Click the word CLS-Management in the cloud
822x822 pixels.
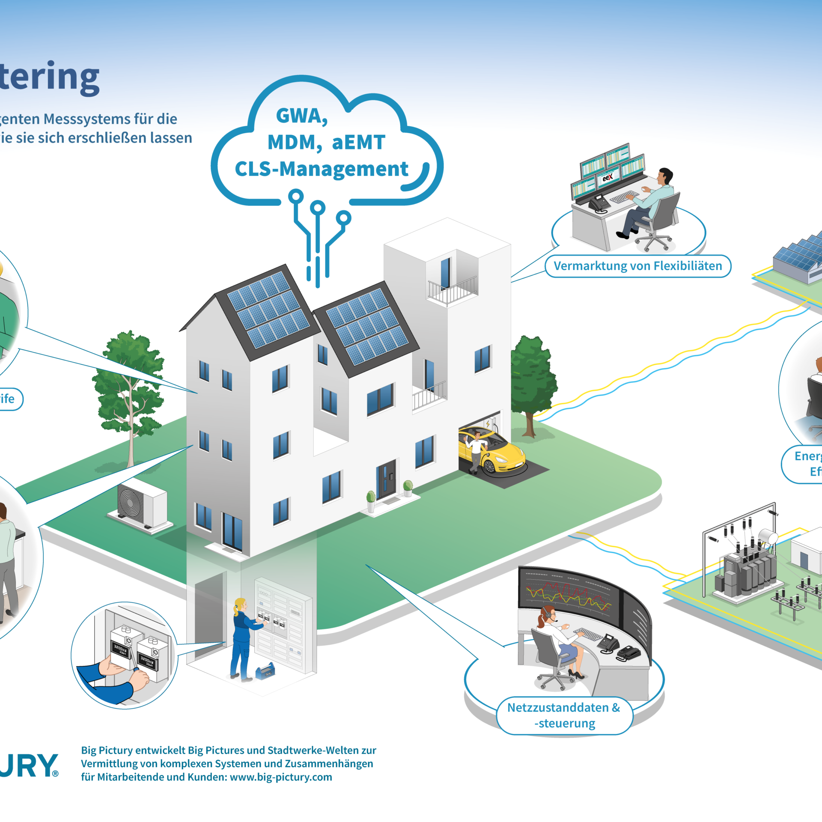point(322,169)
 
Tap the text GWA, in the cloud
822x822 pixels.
point(302,116)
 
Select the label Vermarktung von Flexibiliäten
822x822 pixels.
point(637,266)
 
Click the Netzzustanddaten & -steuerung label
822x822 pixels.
point(564,715)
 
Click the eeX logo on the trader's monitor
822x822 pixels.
point(608,176)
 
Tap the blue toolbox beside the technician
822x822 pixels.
point(265,671)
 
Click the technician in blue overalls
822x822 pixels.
point(242,638)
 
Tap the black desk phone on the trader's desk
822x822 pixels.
point(599,203)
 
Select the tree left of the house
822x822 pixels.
point(128,385)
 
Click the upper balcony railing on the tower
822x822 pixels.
point(453,289)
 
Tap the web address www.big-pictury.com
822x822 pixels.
point(281,777)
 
